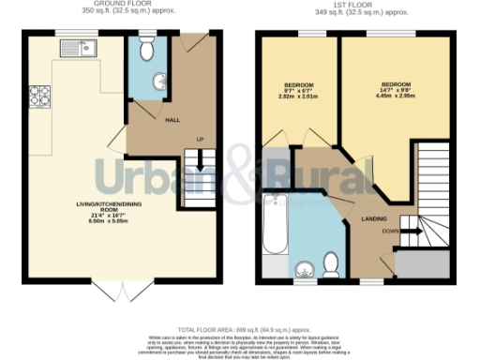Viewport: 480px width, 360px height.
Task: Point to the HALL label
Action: pyautogui.click(x=172, y=120)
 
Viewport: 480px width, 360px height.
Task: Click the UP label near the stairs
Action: pyautogui.click(x=199, y=140)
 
